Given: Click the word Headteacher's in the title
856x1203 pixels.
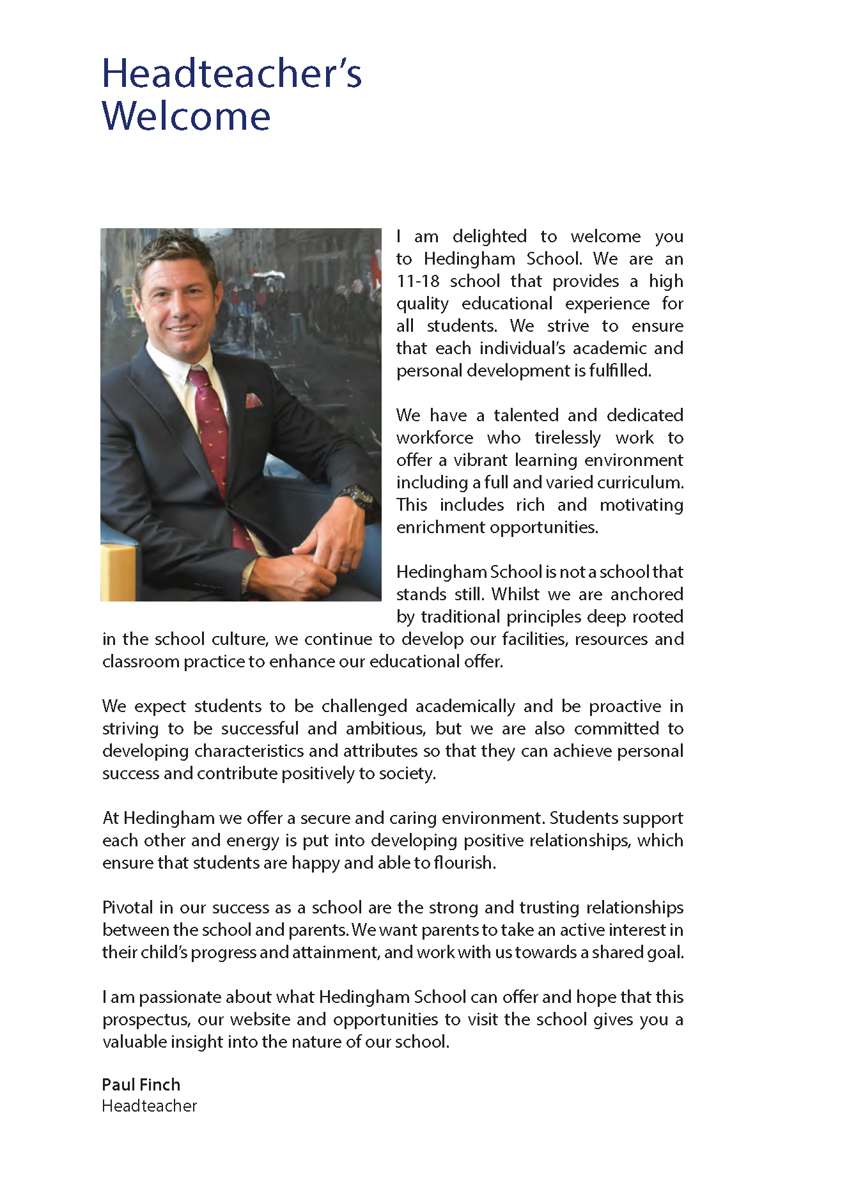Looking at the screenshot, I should point(231,74).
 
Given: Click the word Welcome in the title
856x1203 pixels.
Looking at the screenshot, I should point(186,116).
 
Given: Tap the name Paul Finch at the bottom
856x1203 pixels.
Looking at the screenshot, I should point(141,1084).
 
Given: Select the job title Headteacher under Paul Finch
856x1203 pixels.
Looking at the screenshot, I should point(150,1106).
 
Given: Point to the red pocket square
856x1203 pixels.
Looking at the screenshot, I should point(254,401).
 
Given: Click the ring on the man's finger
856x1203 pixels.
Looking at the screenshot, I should point(345,565).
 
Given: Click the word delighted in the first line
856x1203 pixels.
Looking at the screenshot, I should point(490,237).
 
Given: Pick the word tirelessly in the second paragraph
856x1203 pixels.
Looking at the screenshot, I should point(568,438).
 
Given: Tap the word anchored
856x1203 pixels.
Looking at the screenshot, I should point(646,594).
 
